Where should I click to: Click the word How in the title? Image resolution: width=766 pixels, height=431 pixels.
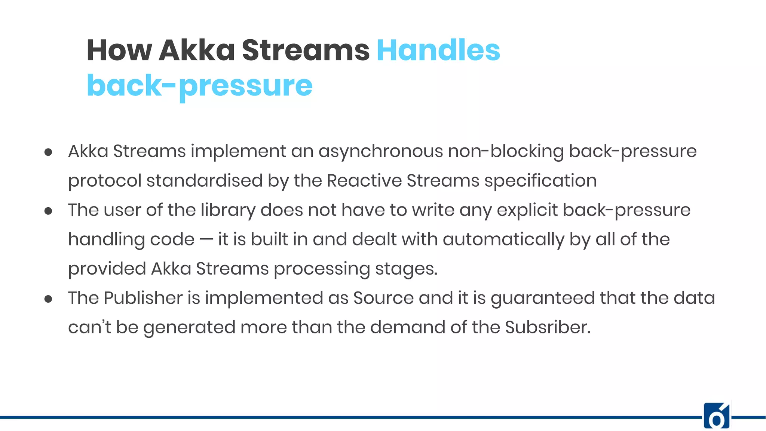[x=119, y=50]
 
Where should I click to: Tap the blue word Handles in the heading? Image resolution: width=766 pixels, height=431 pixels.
[x=438, y=50]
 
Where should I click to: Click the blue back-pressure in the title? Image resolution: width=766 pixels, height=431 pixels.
[x=199, y=86]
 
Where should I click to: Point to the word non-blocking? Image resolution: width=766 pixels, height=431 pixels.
[x=506, y=152]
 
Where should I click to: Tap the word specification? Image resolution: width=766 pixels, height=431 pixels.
[x=540, y=181]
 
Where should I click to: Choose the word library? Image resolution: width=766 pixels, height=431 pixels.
[x=228, y=210]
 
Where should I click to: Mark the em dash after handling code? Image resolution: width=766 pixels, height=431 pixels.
[x=206, y=239]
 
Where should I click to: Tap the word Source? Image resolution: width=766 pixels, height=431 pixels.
[x=383, y=298]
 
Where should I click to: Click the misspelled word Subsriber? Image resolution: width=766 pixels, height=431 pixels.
[x=548, y=327]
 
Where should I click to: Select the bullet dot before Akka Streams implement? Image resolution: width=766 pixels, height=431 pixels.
[x=48, y=152]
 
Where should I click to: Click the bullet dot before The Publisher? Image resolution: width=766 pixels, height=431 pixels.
[x=48, y=299]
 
